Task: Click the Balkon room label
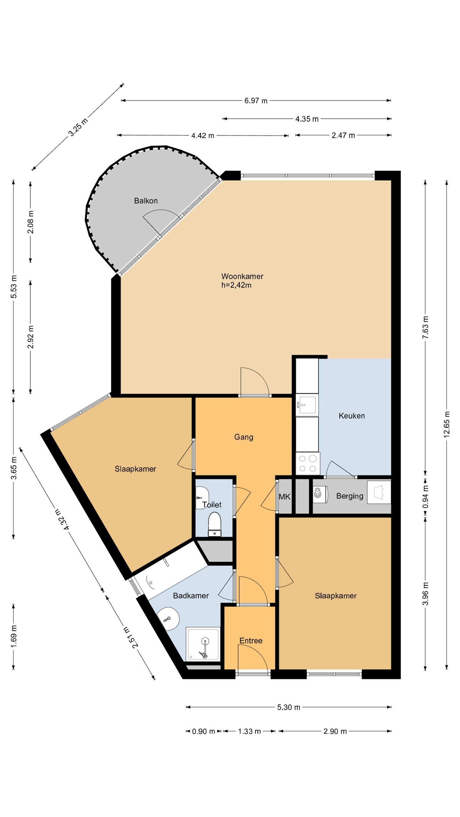(146, 201)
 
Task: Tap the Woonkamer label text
(242, 276)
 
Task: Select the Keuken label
(352, 416)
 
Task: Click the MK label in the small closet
(284, 497)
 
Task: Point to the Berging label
(350, 496)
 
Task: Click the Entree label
(251, 641)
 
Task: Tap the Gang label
(244, 437)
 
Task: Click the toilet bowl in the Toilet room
(214, 524)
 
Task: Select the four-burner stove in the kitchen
(308, 463)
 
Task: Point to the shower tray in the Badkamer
(203, 643)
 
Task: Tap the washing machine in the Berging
(320, 494)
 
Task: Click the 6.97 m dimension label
(256, 101)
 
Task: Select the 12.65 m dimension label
(447, 424)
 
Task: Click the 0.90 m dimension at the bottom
(203, 731)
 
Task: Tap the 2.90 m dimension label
(335, 731)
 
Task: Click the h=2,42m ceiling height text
(236, 285)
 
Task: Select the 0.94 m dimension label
(425, 497)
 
